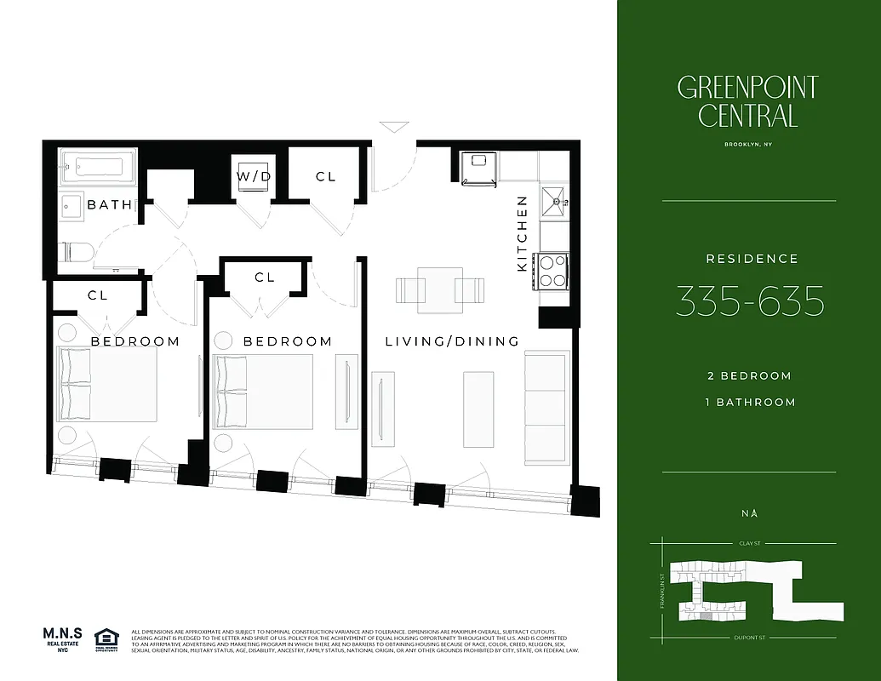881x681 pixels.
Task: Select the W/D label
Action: [254, 176]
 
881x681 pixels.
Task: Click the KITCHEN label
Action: [523, 234]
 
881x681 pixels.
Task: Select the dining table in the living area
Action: [440, 289]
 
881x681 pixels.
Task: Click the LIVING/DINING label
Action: [452, 341]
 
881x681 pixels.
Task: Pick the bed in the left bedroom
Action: [106, 385]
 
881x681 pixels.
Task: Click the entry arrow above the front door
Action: [394, 128]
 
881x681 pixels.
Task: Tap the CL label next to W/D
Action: [325, 176]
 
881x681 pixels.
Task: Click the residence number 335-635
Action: [749, 301]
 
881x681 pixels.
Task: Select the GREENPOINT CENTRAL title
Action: [748, 100]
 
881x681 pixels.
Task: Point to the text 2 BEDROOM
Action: [749, 375]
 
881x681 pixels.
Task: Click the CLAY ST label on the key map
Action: [748, 542]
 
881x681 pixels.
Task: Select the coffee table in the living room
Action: [478, 397]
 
